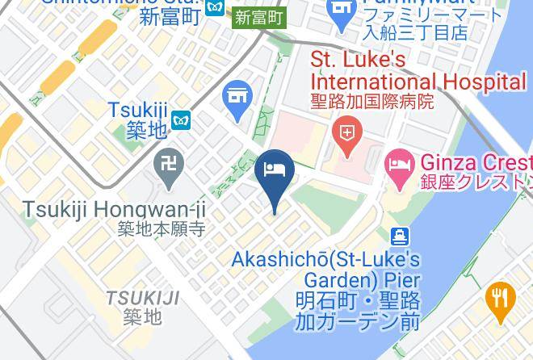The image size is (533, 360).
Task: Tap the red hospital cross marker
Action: pyautogui.click(x=347, y=132)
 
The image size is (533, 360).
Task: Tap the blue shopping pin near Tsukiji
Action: pyautogui.click(x=237, y=96)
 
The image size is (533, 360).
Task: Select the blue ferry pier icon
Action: pyautogui.click(x=400, y=237)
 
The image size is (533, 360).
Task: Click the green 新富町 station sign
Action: pyautogui.click(x=259, y=16)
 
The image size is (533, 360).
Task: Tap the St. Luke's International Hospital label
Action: pyautogui.click(x=418, y=71)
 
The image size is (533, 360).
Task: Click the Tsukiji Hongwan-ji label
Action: pyautogui.click(x=114, y=210)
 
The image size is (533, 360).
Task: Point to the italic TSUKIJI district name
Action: pyautogui.click(x=142, y=298)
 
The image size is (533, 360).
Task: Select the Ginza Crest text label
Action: pyautogui.click(x=476, y=162)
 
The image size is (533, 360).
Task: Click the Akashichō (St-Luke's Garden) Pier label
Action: pyautogui.click(x=325, y=270)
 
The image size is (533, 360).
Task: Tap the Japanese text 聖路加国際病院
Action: pyautogui.click(x=372, y=102)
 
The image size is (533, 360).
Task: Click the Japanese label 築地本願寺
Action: pyautogui.click(x=162, y=229)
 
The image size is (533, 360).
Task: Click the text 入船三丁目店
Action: pyautogui.click(x=415, y=33)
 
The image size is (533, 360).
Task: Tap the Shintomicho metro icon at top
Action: pyautogui.click(x=214, y=6)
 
